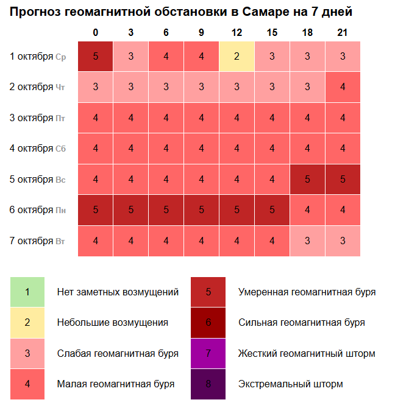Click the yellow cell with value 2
(237, 57)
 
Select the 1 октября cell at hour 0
(96, 57)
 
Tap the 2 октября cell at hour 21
(343, 87)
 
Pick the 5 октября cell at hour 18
(307, 179)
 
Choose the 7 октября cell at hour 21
(343, 241)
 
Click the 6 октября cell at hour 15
(272, 210)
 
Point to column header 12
(237, 32)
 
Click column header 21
(343, 32)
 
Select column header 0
(96, 32)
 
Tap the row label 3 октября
(31, 118)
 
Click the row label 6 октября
(31, 210)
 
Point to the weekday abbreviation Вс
(60, 180)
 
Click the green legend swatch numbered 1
(27, 292)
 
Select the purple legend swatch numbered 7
(208, 353)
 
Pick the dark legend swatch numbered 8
(208, 384)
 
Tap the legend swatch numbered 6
(208, 323)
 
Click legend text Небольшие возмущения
(112, 323)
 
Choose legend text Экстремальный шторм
(290, 384)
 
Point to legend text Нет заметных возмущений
(118, 292)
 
